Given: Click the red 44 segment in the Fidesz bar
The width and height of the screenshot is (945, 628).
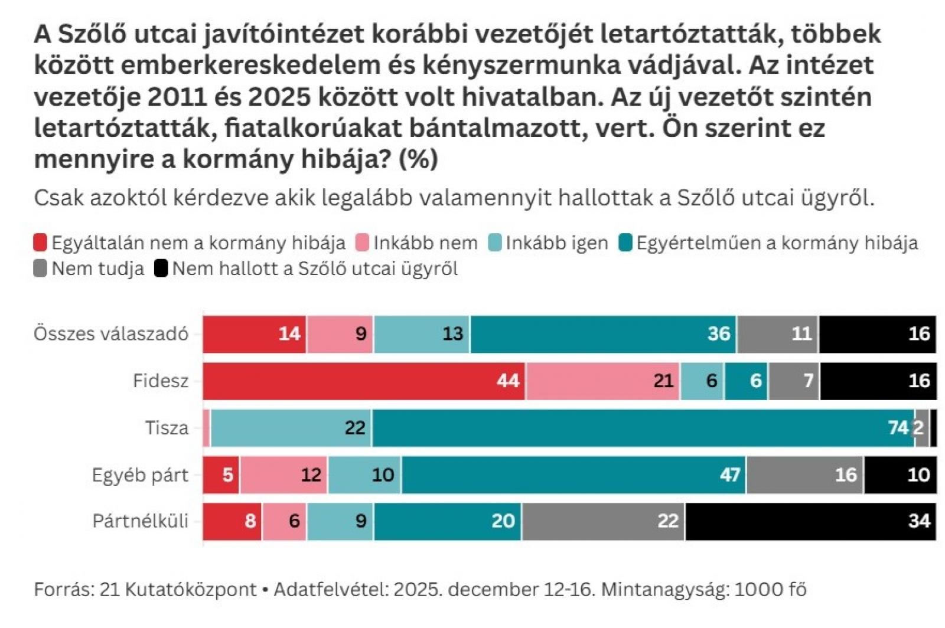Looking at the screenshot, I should coord(364,381).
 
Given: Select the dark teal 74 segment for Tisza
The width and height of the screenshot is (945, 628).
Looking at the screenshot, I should coord(643,427).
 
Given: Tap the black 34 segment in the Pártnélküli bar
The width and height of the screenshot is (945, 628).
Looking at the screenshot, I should coord(810,521).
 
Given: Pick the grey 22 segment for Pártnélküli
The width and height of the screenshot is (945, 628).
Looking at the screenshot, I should coord(603,521).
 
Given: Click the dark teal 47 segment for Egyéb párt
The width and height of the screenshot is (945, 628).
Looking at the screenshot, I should coord(573,475).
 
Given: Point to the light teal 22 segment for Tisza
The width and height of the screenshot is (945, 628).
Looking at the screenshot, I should coord(291,427).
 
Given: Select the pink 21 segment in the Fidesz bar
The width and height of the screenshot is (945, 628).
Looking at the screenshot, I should coord(602,381).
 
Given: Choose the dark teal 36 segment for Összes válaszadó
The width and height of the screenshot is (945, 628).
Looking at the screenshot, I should coord(603,334).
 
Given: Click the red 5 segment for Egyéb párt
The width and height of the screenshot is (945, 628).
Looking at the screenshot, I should coord(221,475).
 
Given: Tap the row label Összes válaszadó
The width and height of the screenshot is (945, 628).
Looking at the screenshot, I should coord(111,334).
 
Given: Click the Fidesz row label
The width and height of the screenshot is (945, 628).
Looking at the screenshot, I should coord(161,381).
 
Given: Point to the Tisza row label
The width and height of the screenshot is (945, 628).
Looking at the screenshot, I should coord(167,427).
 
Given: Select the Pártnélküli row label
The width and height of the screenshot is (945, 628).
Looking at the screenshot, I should coord(141,521).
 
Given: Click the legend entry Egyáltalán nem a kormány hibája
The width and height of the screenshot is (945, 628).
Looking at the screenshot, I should coord(198,243).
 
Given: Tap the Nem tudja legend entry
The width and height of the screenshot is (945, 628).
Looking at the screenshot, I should coord(97,269).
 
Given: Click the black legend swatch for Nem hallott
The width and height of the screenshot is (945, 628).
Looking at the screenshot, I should coord(161,269).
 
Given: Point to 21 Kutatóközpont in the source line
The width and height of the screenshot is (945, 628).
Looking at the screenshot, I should coord(178,589).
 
